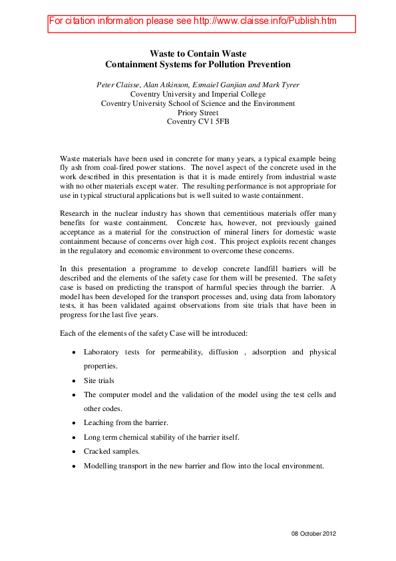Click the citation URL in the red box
(x=265, y=21)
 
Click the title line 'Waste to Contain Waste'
(x=198, y=53)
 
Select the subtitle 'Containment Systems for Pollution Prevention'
(x=198, y=65)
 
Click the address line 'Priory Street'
(x=198, y=113)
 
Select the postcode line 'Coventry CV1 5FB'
(x=198, y=122)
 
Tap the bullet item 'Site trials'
(x=99, y=380)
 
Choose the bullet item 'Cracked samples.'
(x=112, y=451)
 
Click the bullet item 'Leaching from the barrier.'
(x=126, y=422)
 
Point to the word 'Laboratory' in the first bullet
(x=103, y=351)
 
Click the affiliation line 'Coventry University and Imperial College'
(x=198, y=94)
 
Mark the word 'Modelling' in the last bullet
(x=102, y=466)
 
